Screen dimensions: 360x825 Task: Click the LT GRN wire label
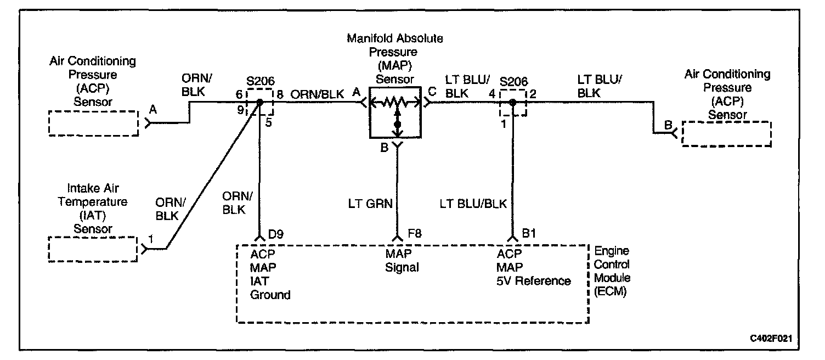[370, 204]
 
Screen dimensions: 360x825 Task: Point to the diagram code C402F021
[774, 339]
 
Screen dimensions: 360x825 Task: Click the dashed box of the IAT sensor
[93, 249]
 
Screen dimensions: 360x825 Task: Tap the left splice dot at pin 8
[261, 102]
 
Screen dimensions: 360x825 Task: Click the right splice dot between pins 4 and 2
[512, 102]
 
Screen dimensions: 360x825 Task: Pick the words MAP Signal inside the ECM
[402, 261]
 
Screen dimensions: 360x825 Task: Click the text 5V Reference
[534, 281]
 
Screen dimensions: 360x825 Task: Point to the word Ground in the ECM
[270, 295]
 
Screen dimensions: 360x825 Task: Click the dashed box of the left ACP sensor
[93, 123]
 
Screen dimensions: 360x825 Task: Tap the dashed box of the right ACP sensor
[726, 133]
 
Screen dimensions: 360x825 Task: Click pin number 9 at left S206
[240, 110]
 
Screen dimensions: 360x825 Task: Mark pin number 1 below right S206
[502, 124]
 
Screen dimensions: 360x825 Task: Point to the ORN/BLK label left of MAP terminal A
[318, 94]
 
